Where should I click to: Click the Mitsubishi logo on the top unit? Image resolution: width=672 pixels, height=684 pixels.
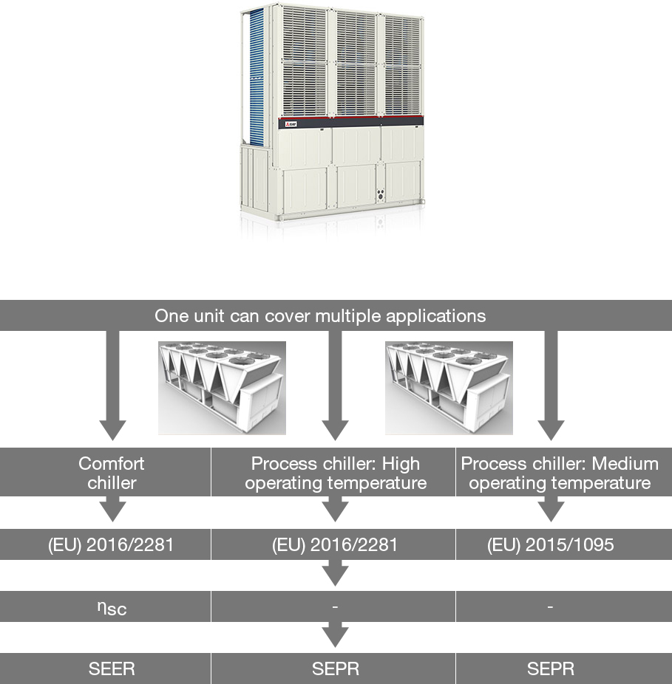(291, 124)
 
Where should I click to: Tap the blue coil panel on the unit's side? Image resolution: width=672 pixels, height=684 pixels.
(257, 77)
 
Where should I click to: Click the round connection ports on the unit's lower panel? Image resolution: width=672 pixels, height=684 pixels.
(380, 195)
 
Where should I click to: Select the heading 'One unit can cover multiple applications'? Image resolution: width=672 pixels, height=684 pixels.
(320, 316)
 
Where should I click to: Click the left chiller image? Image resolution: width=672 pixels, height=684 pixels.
(222, 388)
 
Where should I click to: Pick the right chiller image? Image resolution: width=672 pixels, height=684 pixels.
(449, 388)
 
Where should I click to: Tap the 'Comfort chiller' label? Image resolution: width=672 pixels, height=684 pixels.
(112, 473)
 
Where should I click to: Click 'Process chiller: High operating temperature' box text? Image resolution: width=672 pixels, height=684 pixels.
(336, 473)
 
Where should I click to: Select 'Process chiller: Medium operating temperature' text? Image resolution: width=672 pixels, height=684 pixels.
(560, 473)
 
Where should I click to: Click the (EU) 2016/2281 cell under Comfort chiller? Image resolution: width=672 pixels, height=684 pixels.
(111, 545)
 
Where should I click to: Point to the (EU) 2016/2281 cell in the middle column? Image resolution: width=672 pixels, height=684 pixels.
(335, 545)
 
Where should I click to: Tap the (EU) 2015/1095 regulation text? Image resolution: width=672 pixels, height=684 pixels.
(551, 545)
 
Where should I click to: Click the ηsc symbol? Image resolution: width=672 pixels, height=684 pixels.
(112, 608)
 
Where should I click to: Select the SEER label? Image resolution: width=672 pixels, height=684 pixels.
(112, 668)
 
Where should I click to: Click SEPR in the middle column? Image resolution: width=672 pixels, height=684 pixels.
(336, 668)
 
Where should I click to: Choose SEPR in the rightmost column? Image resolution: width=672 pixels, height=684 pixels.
(551, 668)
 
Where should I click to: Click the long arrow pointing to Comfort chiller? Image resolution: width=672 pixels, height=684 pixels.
(112, 385)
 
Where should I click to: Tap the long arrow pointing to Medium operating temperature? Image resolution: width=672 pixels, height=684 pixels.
(551, 385)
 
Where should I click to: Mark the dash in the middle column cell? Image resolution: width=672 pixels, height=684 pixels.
(335, 606)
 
